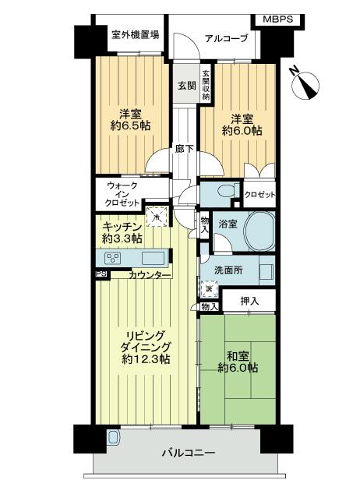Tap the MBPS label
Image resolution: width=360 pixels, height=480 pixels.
click(278, 18)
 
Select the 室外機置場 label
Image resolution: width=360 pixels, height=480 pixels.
click(135, 34)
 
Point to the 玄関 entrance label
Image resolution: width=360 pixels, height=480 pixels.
click(185, 85)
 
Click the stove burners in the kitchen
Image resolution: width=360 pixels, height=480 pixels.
click(113, 259)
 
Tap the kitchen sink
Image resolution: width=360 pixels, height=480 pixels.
click(153, 258)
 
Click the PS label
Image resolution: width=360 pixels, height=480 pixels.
click(101, 274)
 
